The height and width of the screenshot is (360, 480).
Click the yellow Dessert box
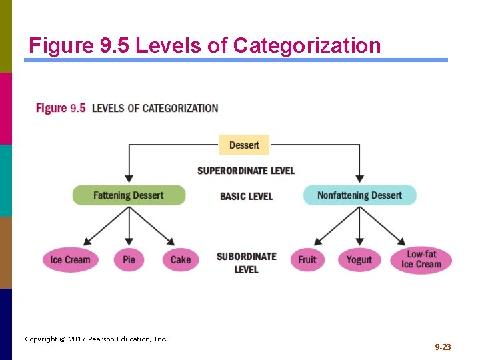244,145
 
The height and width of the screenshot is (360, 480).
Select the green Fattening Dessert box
129,195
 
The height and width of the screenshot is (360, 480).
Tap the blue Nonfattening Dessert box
359,195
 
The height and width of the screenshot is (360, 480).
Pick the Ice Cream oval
70,259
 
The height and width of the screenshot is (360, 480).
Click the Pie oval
129,259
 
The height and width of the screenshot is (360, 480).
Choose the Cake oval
180,259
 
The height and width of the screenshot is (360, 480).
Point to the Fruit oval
307,259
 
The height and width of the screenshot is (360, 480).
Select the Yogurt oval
359,259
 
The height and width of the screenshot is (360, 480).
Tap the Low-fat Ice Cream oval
421,259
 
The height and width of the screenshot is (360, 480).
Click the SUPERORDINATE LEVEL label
245,171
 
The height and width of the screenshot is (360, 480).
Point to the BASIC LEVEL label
246,196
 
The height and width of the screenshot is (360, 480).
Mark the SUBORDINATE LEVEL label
246,263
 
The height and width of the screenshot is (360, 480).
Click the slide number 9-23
443,347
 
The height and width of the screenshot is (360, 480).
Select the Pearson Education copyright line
95,339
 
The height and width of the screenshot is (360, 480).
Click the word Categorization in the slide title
307,46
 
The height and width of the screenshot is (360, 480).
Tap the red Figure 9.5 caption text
61,108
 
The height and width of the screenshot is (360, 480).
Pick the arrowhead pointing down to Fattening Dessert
129,179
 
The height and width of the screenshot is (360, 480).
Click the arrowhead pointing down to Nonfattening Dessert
359,179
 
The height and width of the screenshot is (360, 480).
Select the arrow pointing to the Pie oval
129,230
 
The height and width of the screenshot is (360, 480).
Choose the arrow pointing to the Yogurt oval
359,230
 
